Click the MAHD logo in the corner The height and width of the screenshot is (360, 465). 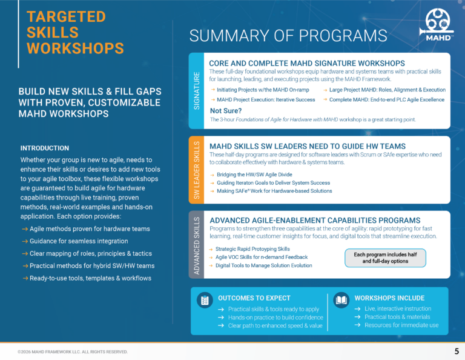tap(437, 25)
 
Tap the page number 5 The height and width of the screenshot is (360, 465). tap(457, 352)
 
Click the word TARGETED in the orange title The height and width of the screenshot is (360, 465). tap(66, 16)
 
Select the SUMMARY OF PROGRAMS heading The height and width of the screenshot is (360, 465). tap(288, 36)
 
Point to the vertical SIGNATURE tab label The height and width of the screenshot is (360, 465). tap(196, 90)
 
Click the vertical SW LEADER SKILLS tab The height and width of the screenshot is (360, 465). tap(196, 170)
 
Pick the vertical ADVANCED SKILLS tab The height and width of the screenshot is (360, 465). tap(196, 245)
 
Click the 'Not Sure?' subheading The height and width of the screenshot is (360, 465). tap(226, 111)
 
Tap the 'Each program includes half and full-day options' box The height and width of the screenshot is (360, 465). tap(385, 258)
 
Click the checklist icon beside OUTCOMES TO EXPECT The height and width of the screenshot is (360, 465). tap(205, 301)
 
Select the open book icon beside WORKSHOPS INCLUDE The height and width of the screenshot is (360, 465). tap(341, 301)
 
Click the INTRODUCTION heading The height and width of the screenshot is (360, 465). tap(44, 148)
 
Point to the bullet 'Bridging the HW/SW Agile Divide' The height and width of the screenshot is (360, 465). tap(254, 175)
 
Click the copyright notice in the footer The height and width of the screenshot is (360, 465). tap(73, 352)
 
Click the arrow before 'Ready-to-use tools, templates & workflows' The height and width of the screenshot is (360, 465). tap(25, 278)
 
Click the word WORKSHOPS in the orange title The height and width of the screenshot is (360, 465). tap(75, 48)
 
